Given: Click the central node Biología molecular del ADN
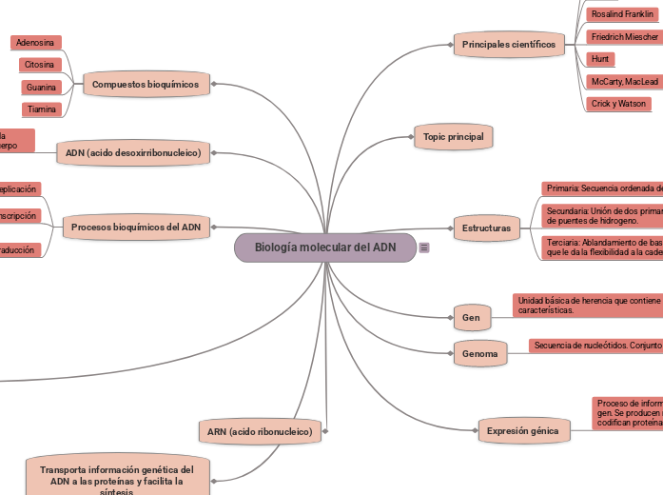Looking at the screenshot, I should tap(325, 247).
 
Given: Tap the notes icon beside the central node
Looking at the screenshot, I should tap(424, 247).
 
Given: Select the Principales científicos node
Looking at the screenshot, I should tap(508, 45).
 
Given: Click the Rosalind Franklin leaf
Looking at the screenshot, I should tap(623, 14).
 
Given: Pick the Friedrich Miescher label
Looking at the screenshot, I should tap(624, 37).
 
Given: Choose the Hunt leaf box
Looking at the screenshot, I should tap(600, 59).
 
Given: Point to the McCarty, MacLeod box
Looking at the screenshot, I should tap(624, 82).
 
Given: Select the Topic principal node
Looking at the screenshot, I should tap(454, 137).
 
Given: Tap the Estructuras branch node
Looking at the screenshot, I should tap(486, 228).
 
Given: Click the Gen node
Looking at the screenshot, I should tap(471, 317).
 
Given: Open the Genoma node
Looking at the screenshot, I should tap(480, 354).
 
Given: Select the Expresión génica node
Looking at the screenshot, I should tap(522, 431).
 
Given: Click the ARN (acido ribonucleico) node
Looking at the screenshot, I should tap(260, 431).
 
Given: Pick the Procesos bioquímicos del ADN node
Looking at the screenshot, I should tap(136, 228).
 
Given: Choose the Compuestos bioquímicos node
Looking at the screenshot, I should tap(146, 85).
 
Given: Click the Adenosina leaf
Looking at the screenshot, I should tap(35, 43).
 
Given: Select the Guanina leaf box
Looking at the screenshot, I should tap(41, 88).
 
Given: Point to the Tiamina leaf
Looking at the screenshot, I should tap(41, 109).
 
